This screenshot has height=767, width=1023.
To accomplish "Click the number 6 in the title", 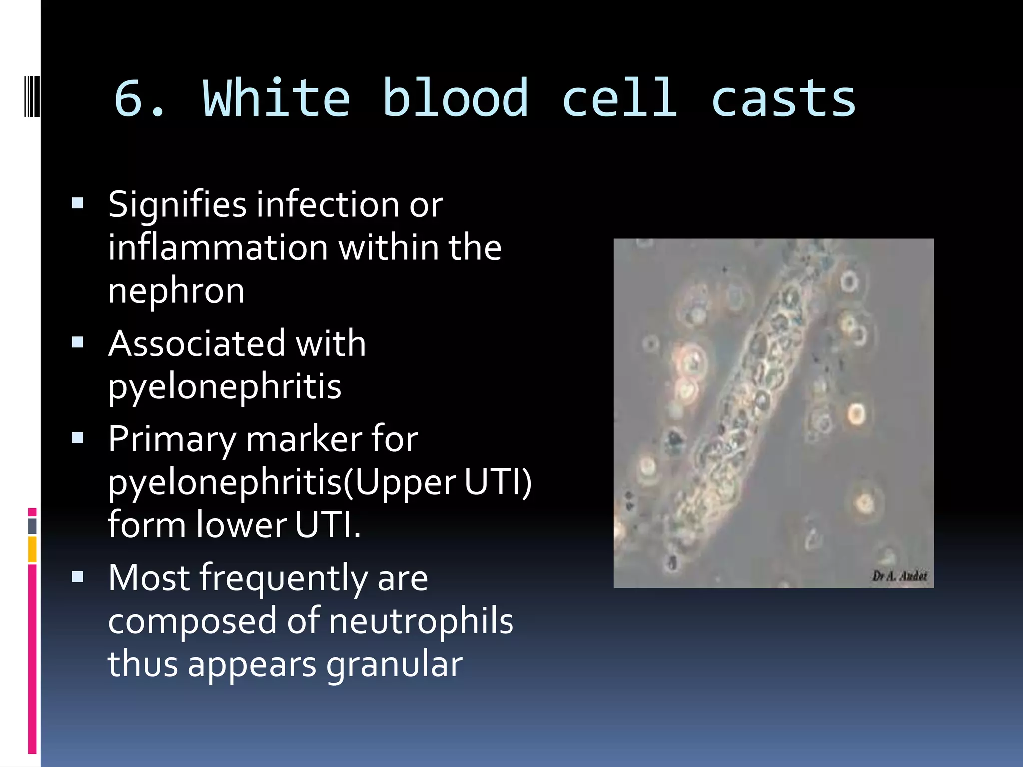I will tap(131, 99).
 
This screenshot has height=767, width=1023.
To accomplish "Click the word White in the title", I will tap(276, 99).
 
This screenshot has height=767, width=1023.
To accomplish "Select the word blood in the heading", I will tap(455, 99).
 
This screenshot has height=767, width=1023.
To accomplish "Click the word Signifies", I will tap(177, 205).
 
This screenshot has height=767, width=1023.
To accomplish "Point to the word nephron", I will tap(176, 291).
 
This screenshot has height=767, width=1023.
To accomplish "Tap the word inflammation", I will tap(218, 248).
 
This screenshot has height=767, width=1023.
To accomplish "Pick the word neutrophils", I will tap(421, 621).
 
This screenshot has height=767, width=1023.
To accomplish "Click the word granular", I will tap(394, 664).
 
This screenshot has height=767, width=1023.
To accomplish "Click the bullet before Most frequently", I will tap(77, 577).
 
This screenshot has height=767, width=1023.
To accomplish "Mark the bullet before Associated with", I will tap(77, 342).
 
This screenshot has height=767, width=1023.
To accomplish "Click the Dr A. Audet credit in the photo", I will tap(899, 576).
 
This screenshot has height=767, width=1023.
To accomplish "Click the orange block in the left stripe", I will tap(32, 549).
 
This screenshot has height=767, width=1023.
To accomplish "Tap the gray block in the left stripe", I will tap(32, 526).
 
